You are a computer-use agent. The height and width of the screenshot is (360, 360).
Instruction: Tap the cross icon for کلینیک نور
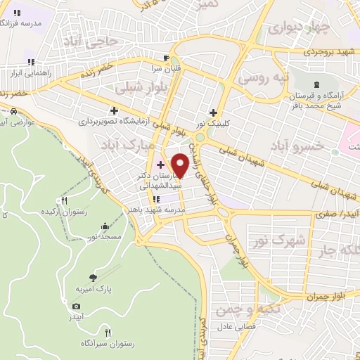(214, 112)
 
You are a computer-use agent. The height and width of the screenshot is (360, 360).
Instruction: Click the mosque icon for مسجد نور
(105, 226)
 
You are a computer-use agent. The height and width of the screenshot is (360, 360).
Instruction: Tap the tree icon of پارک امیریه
(94, 278)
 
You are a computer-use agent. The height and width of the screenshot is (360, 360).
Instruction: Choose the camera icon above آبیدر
(77, 306)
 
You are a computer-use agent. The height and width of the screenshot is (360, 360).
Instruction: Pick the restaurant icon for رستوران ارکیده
(65, 200)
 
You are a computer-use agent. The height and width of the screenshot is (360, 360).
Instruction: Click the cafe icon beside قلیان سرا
(166, 58)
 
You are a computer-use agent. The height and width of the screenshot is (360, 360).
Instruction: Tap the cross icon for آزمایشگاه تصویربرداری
(114, 110)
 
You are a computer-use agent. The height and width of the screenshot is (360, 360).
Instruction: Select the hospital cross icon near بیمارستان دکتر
(161, 165)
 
